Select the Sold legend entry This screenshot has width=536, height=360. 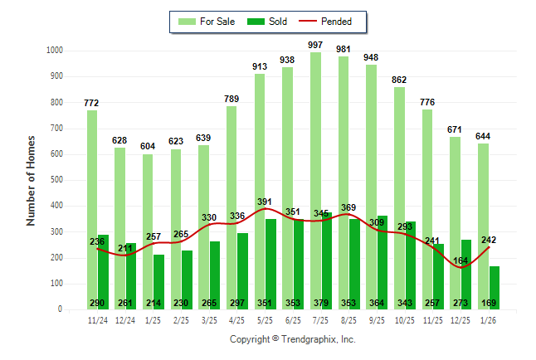269,22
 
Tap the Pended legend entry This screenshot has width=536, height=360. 326,22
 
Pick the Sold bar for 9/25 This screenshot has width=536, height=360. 382,265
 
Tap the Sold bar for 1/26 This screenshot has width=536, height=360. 494,289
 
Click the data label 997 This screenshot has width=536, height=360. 315,45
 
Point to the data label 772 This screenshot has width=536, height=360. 92,103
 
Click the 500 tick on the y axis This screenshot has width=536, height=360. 54,180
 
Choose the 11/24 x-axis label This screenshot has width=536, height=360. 97,319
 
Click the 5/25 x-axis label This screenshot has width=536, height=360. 265,319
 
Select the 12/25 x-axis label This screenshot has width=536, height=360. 460,319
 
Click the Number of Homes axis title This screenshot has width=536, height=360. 32,180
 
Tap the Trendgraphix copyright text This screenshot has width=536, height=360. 292,340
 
